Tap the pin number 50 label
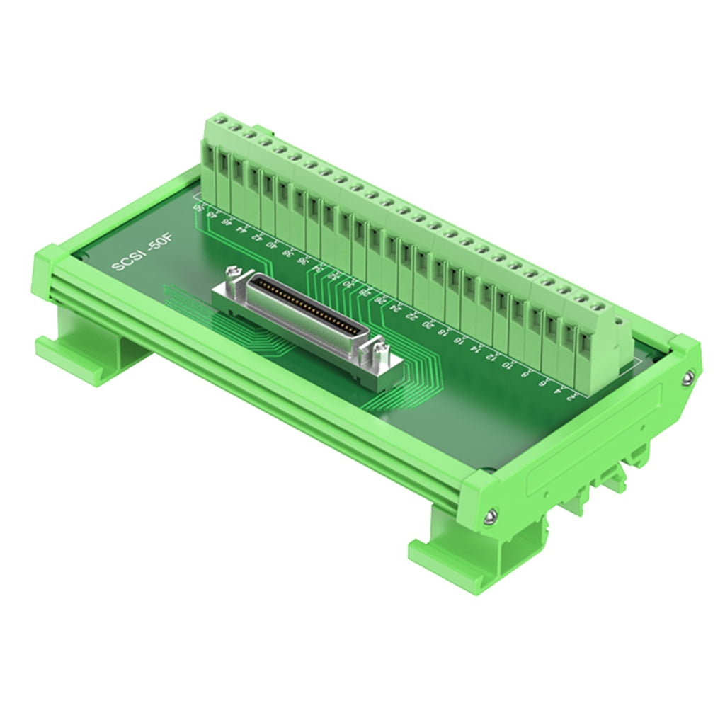198,208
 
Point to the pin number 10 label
506,365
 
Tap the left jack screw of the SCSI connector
233,273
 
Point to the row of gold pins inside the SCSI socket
304,304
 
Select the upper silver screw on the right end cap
687,379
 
